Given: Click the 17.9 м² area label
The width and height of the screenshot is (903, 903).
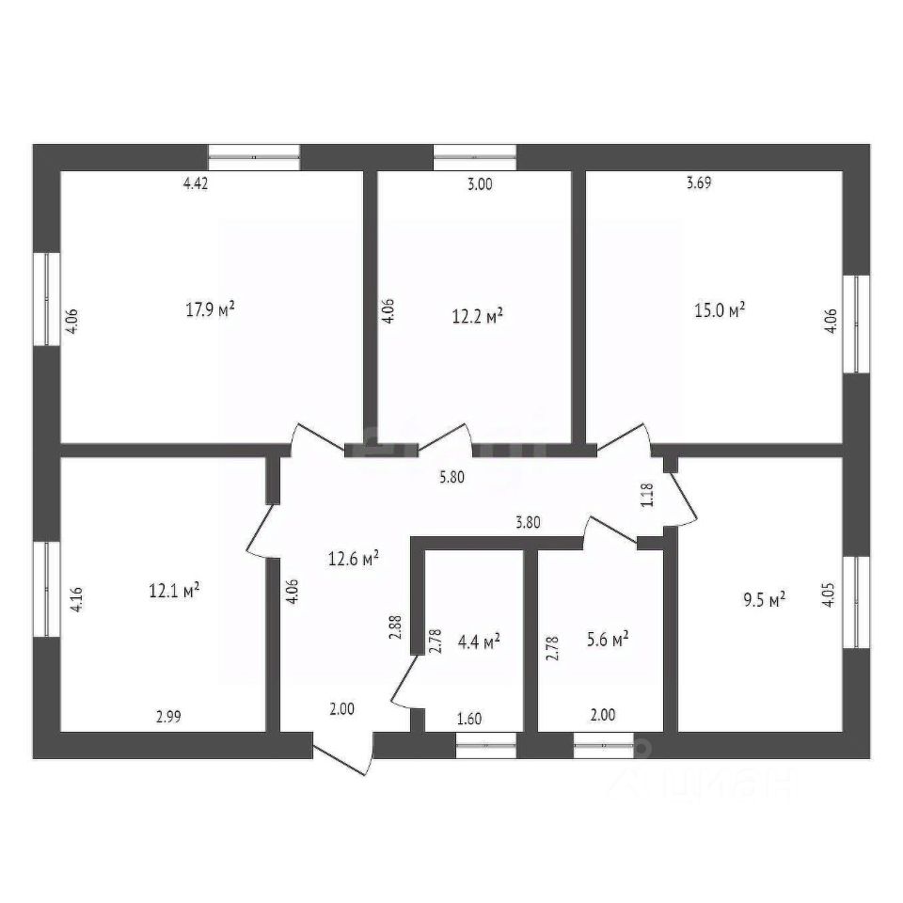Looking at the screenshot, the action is [x=210, y=309].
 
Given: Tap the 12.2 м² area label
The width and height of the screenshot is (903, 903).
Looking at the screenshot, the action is [x=478, y=316].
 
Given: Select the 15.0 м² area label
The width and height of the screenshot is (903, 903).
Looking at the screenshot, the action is [x=720, y=309].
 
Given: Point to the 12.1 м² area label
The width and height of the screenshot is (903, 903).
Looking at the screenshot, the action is [x=174, y=591].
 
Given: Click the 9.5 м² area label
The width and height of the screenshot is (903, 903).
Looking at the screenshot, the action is [x=764, y=600].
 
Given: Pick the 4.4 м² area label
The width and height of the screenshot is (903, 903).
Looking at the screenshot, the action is [x=479, y=641].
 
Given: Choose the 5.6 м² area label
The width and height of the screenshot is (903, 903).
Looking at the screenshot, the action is [x=607, y=639].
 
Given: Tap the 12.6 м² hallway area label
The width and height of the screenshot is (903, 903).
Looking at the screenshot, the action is [x=353, y=558].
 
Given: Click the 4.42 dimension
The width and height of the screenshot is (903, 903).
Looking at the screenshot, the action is [x=196, y=183].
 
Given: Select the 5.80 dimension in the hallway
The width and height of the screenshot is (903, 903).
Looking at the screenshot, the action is [x=451, y=477].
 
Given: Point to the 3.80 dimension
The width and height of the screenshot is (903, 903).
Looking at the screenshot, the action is [x=528, y=522].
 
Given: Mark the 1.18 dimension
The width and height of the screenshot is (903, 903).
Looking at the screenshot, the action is [x=647, y=495].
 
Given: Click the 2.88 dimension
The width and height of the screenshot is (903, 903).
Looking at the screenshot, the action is [x=395, y=627].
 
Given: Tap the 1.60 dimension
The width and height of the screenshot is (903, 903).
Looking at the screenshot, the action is [x=468, y=719].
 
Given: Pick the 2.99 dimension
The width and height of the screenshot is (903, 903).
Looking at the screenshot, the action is [x=168, y=717].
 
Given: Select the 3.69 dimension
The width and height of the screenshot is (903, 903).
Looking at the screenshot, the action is [x=699, y=182].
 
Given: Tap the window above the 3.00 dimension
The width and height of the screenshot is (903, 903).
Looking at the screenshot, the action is [x=474, y=157].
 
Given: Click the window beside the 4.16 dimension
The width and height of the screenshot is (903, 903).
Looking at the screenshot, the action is [x=47, y=589].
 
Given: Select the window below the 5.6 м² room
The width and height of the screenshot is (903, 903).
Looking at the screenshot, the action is [x=604, y=745].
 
